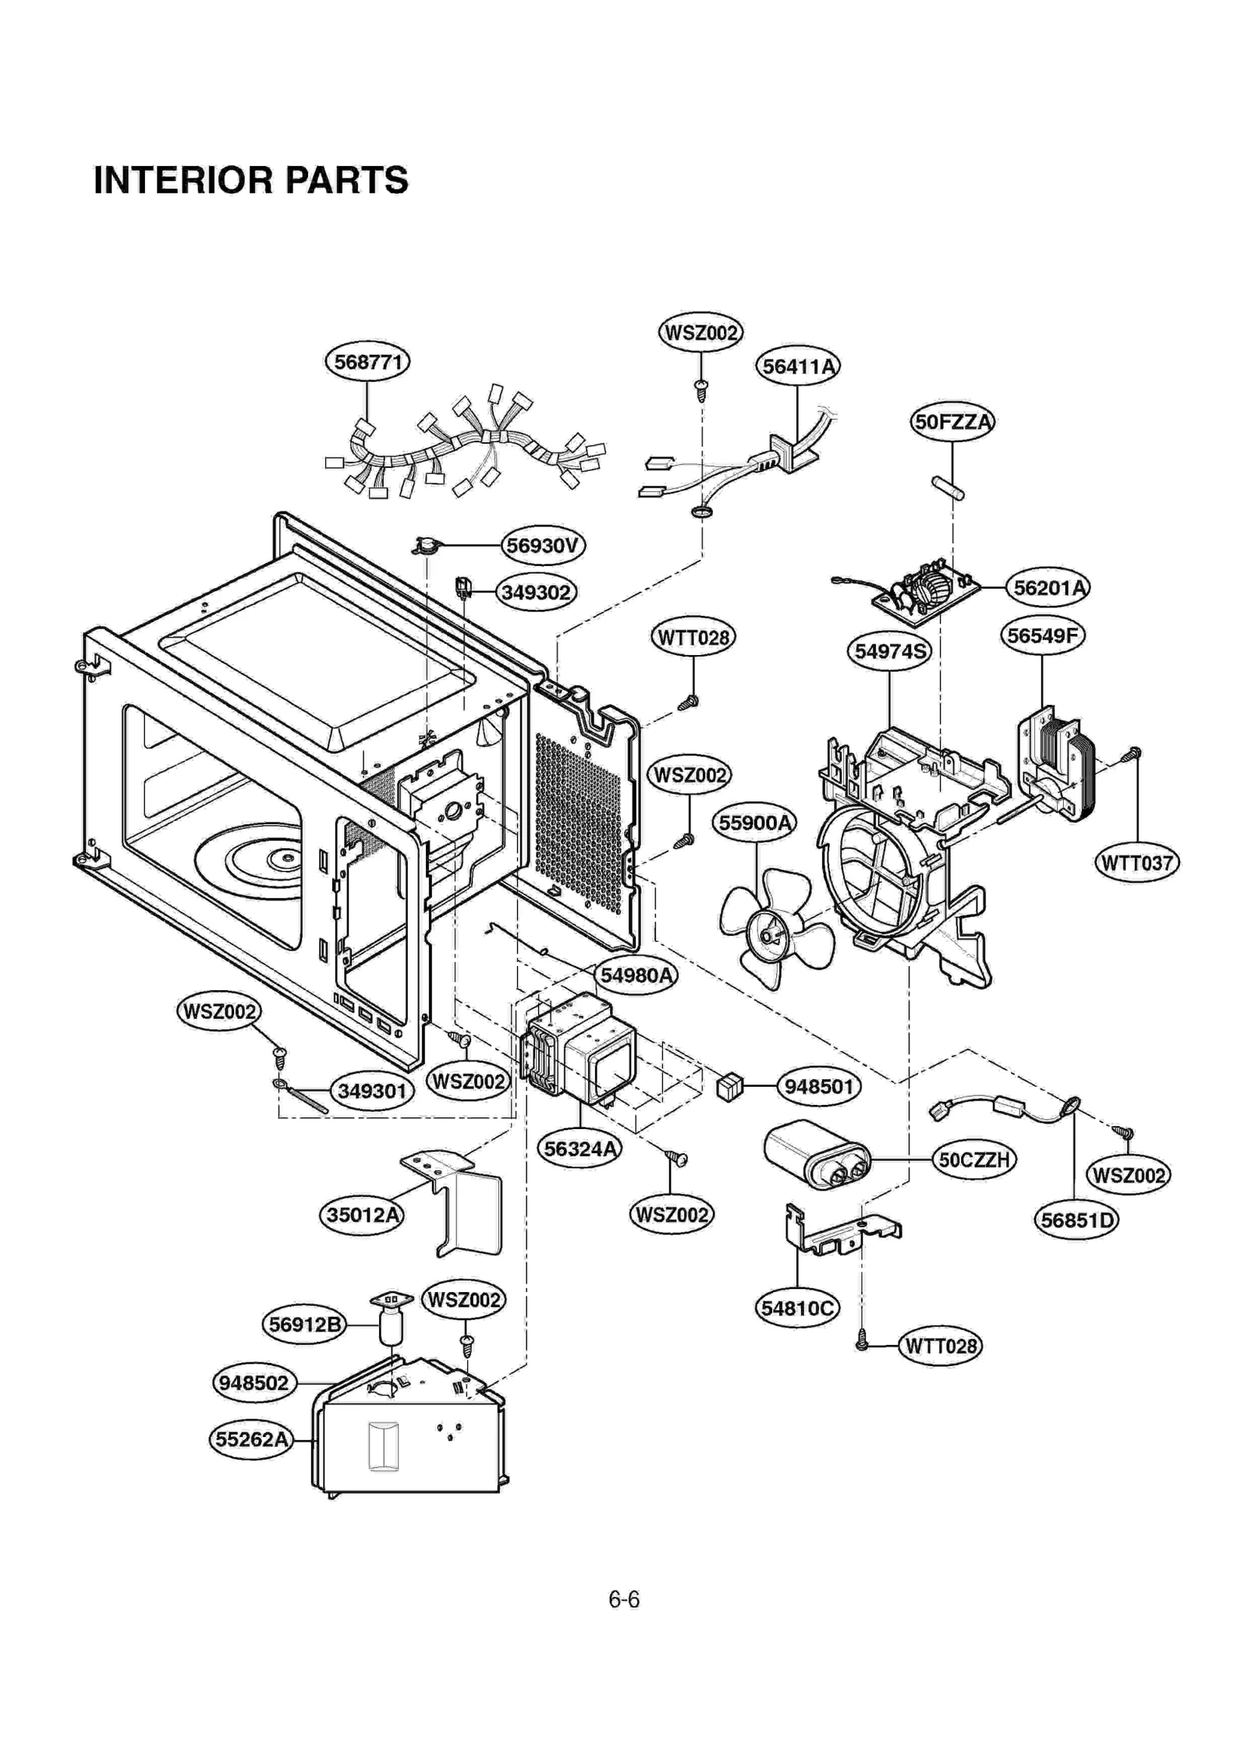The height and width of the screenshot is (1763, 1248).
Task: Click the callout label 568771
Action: click(367, 362)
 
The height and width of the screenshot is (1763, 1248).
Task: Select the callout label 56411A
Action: click(797, 366)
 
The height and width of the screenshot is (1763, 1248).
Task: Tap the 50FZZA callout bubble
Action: click(952, 422)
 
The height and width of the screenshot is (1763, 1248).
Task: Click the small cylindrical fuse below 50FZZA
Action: click(948, 488)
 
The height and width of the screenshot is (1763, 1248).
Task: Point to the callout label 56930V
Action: click(542, 545)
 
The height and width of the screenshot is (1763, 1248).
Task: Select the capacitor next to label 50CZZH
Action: click(816, 1156)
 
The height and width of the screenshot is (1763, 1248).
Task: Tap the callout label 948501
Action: click(818, 1086)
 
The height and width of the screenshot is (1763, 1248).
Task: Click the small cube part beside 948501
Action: click(729, 1086)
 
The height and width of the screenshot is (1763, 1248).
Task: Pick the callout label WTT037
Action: click(1136, 863)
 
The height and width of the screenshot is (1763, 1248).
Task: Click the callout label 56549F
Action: click(1042, 635)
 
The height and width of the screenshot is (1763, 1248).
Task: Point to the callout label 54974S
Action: click(889, 651)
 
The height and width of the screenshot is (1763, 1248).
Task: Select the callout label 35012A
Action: click(362, 1214)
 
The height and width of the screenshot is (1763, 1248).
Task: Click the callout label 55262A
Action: click(251, 1439)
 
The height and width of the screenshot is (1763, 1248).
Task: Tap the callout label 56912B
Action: click(303, 1324)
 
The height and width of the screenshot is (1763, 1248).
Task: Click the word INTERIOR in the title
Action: click(183, 180)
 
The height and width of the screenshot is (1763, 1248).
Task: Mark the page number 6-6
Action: click(623, 1599)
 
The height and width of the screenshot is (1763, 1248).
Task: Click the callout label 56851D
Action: click(1076, 1220)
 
